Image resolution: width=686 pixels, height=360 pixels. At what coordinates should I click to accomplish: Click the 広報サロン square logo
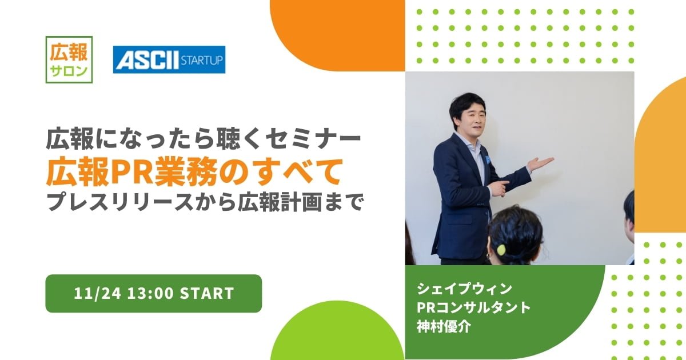coord(69,59)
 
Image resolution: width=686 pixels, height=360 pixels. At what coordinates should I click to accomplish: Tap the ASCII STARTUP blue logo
coord(169,59)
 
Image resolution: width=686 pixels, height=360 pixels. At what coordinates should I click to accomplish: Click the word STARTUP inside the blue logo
coord(202,60)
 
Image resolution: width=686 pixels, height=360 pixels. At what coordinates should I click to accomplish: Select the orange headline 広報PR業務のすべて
coord(194,171)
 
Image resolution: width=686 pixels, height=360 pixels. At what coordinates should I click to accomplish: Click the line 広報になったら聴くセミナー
coord(204,139)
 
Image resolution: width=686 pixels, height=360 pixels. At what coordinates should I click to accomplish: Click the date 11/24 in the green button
coord(97,293)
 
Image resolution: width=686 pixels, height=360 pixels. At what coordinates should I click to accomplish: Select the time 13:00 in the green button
coord(150,293)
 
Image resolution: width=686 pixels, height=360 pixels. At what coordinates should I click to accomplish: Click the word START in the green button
coord(207,293)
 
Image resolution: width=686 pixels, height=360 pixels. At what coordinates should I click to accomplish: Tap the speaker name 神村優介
coord(444,327)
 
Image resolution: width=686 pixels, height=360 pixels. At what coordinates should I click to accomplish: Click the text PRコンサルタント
coord(473,307)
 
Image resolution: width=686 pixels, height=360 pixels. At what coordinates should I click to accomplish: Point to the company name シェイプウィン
coord(464,289)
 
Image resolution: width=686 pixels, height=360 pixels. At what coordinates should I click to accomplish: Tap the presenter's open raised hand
coord(540,163)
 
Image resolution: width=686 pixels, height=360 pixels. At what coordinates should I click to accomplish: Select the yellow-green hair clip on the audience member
coord(501,250)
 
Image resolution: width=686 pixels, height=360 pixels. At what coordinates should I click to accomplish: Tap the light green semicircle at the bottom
coord(337,330)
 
